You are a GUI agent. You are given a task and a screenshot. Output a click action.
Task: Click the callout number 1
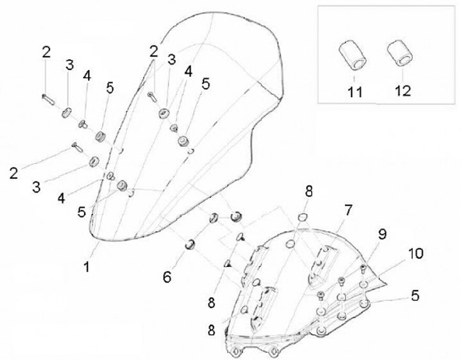87,266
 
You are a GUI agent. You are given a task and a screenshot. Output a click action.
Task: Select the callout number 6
167,277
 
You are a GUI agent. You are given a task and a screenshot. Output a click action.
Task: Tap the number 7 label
348,210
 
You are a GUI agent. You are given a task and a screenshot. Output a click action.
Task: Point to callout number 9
382,234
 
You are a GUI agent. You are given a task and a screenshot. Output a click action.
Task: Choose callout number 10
416,253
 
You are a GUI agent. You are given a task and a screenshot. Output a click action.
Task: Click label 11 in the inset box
355,92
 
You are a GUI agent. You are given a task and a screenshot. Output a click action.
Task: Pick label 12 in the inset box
402,90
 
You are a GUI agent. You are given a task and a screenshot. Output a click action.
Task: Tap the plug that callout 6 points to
190,244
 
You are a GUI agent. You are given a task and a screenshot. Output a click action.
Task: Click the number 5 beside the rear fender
415,295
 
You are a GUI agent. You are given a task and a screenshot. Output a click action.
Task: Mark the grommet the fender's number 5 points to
365,303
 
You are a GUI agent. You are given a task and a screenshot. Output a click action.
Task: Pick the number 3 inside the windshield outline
171,60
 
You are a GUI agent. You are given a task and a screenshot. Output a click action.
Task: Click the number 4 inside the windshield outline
188,71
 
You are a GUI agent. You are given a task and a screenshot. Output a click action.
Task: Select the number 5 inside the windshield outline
206,83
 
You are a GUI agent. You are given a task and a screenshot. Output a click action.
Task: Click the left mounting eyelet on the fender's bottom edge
235,352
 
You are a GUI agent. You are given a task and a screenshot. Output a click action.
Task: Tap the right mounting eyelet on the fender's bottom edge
274,351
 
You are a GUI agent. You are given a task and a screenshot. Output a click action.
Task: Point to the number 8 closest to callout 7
309,192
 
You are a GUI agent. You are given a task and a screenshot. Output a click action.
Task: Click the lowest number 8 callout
211,330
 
